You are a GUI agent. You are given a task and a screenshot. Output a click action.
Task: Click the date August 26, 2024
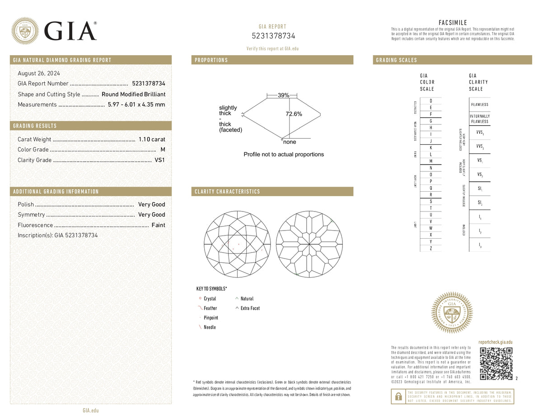(39, 73)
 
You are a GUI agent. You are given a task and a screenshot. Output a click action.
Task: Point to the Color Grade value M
(163, 150)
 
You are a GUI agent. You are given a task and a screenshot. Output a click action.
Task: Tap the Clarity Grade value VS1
(160, 160)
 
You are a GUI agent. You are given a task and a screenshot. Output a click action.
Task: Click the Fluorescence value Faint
(158, 225)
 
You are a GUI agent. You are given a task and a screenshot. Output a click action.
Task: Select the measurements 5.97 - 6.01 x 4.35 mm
(136, 104)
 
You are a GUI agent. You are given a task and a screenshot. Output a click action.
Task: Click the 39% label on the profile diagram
(283, 95)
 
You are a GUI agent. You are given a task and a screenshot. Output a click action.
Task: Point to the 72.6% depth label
(294, 114)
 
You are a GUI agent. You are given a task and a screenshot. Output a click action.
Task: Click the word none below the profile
(290, 142)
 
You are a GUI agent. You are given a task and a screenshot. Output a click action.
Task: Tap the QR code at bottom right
(496, 364)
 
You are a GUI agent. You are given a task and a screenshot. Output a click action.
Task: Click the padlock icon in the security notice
(398, 396)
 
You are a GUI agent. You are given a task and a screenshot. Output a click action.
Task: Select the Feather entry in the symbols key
(210, 308)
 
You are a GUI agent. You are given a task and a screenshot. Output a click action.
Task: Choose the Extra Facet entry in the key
(250, 308)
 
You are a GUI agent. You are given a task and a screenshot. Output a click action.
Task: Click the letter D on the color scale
(431, 101)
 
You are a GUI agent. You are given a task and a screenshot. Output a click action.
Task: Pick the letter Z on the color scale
(431, 249)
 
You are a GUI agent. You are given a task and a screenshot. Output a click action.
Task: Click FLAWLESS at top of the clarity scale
(479, 104)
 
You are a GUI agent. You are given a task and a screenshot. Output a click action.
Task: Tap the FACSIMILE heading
(453, 23)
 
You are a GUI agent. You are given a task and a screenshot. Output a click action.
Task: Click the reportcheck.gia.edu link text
(495, 343)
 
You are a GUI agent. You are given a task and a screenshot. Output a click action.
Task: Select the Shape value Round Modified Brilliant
(133, 94)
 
